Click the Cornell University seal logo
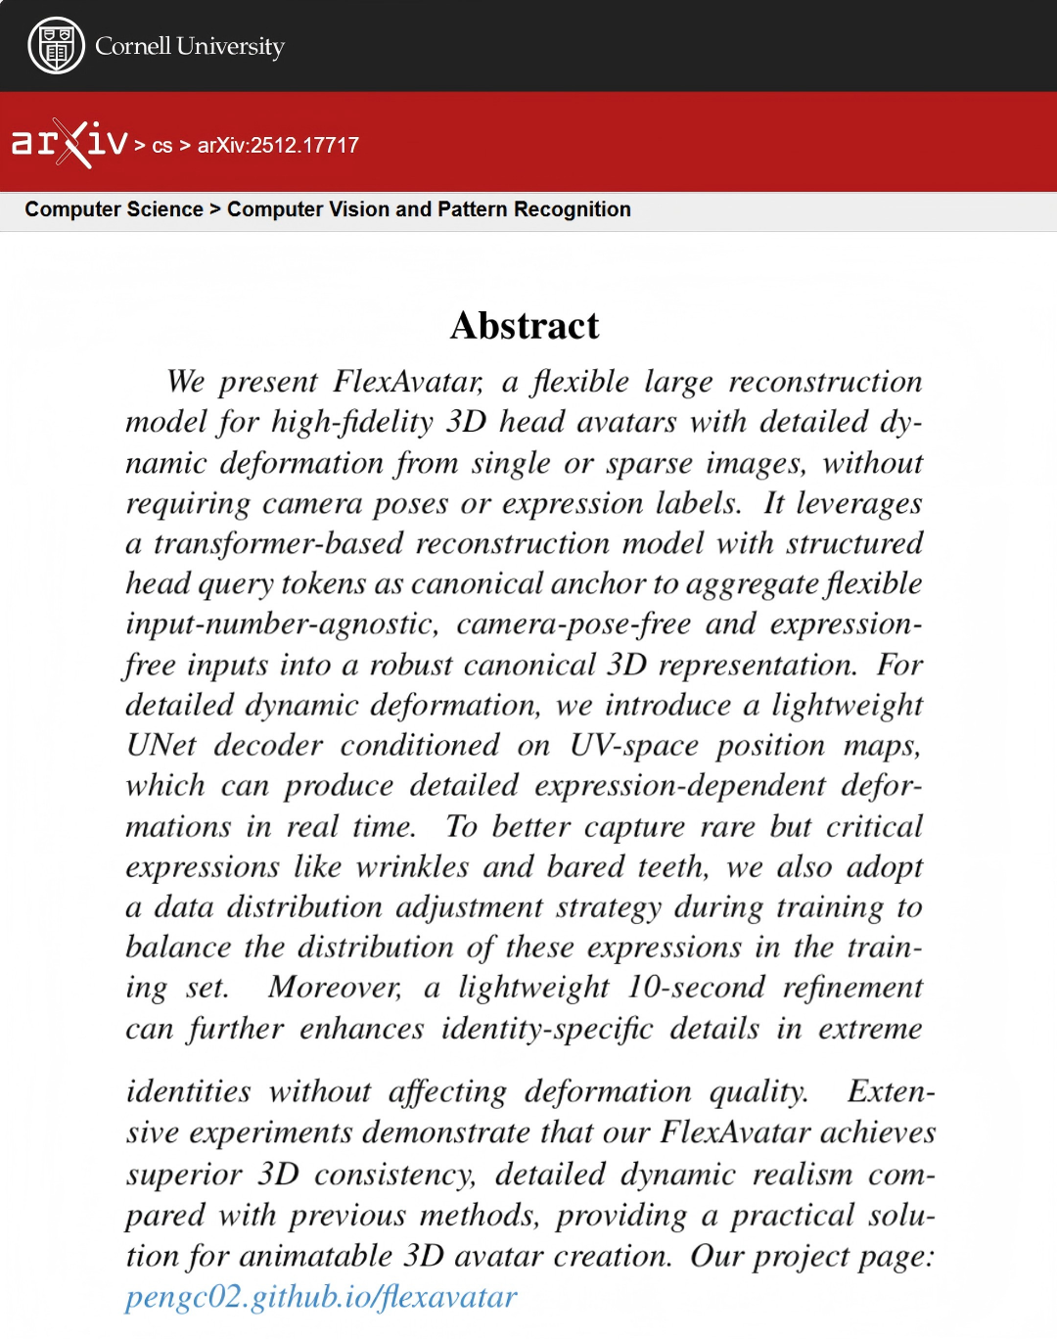[x=56, y=46]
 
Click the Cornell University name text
[x=189, y=46]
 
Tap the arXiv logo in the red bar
[x=69, y=143]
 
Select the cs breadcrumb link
[x=162, y=146]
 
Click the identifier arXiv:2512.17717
[x=278, y=145]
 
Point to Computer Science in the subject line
[x=114, y=209]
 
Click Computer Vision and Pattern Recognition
[x=429, y=209]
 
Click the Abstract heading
[x=525, y=326]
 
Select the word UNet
[x=161, y=745]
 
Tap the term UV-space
[x=634, y=745]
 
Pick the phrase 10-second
[x=696, y=987]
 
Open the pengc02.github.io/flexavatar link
[x=321, y=1297]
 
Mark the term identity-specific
[x=546, y=1029]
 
